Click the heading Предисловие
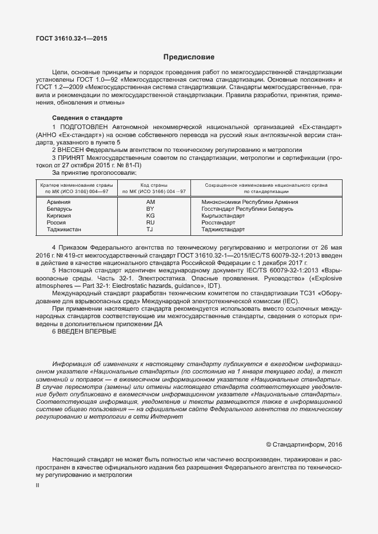(x=189, y=57)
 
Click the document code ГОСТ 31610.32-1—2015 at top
(x=71, y=38)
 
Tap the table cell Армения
(x=58, y=202)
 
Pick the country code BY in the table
(x=150, y=209)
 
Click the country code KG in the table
(x=150, y=216)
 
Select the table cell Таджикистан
(x=63, y=230)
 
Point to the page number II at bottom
(x=37, y=484)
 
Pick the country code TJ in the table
(x=150, y=230)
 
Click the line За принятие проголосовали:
(x=94, y=172)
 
